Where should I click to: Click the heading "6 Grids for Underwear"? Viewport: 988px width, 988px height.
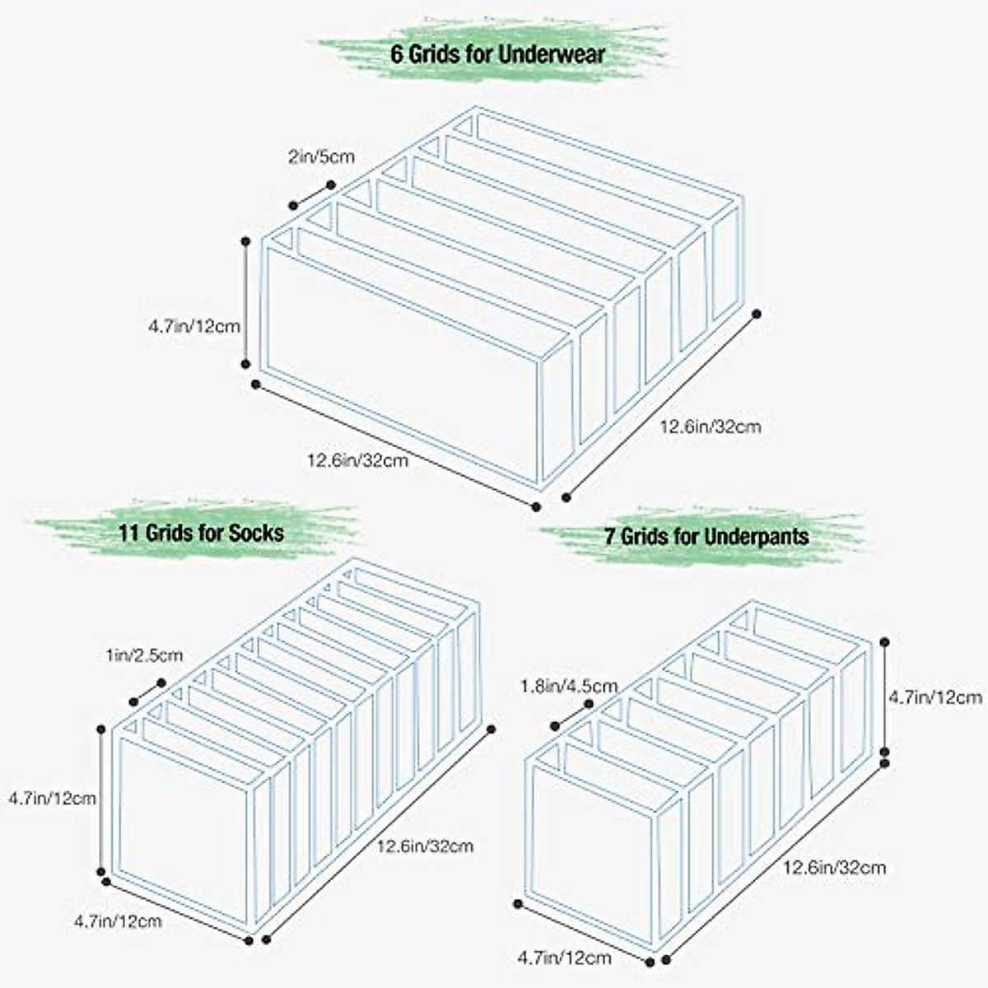pyautogui.click(x=497, y=54)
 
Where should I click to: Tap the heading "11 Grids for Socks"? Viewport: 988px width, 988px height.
pyautogui.click(x=201, y=532)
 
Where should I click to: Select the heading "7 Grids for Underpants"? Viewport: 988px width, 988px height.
pyautogui.click(x=706, y=537)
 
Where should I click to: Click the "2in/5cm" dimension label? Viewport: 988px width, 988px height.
pyautogui.click(x=321, y=156)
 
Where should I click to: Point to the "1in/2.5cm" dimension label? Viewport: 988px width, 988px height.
pyautogui.click(x=144, y=656)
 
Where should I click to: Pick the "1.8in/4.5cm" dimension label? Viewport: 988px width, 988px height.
pyautogui.click(x=569, y=685)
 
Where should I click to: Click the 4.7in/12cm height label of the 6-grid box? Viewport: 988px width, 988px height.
pyautogui.click(x=194, y=326)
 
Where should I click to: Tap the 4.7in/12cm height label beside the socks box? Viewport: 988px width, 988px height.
pyautogui.click(x=52, y=798)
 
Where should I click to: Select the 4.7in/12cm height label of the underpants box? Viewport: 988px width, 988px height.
pyautogui.click(x=935, y=697)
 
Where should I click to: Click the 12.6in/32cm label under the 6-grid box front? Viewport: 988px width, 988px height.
pyautogui.click(x=358, y=460)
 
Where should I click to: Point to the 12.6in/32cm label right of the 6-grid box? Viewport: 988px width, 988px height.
pyautogui.click(x=711, y=426)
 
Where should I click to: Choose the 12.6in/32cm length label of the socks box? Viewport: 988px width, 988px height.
pyautogui.click(x=425, y=846)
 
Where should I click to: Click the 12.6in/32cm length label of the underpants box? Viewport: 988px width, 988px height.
pyautogui.click(x=834, y=867)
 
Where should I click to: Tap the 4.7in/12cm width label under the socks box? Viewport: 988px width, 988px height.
pyautogui.click(x=118, y=921)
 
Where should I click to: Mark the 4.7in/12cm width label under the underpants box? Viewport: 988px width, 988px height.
pyautogui.click(x=564, y=958)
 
